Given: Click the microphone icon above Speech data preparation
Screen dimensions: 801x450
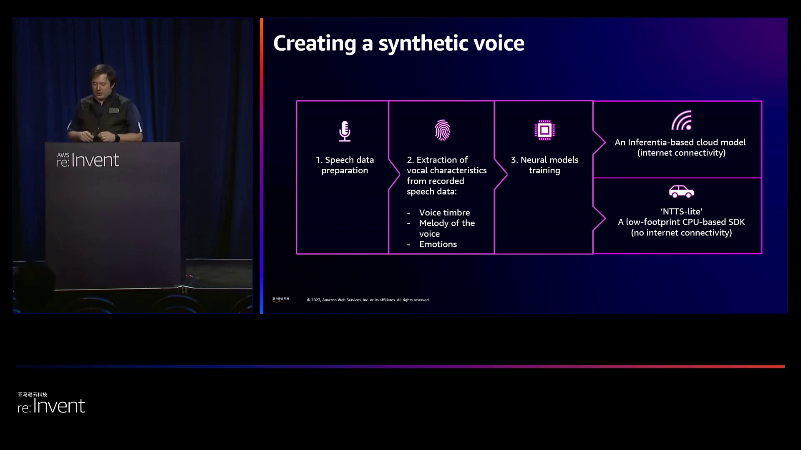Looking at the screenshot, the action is tap(345, 131).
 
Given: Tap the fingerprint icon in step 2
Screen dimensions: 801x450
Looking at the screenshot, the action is tap(442, 130).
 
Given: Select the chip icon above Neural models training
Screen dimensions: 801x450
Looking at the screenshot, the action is tap(544, 130).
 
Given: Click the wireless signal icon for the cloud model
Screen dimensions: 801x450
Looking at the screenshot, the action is tap(682, 120).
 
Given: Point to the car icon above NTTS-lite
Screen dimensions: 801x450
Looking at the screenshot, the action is tap(681, 191).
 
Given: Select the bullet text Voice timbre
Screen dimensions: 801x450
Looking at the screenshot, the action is tap(444, 212).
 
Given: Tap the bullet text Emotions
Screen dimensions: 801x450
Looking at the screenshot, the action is tap(438, 244).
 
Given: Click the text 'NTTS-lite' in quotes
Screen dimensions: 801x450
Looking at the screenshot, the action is tap(681, 211).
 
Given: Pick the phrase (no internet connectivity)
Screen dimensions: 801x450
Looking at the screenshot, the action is tap(681, 232).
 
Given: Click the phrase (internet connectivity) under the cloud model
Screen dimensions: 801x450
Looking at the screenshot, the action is tap(681, 153).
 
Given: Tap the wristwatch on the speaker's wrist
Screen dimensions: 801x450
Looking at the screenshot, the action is tap(117, 137).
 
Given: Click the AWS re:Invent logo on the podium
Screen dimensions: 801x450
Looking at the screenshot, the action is tap(88, 160).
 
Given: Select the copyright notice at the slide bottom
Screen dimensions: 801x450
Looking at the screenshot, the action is tap(368, 300).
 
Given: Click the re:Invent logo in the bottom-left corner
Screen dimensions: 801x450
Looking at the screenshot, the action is tap(51, 405).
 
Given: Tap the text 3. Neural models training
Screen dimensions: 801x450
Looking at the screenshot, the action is tap(544, 165).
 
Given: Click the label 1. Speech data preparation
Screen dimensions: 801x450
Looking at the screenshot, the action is tap(345, 165).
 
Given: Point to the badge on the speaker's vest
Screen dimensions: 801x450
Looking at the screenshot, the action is tap(114, 110).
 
